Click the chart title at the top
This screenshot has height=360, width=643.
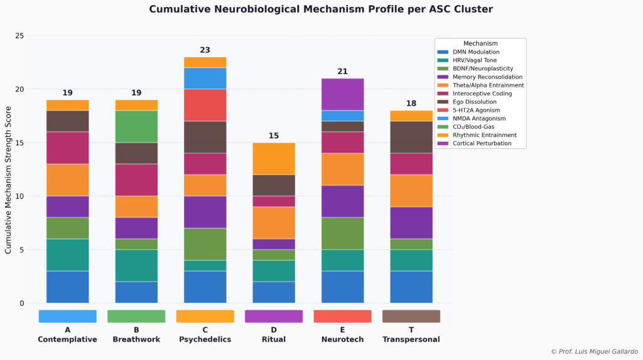click(321, 9)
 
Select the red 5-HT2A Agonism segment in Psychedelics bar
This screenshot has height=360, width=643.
click(205, 105)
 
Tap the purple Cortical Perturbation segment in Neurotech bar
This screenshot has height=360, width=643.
click(342, 94)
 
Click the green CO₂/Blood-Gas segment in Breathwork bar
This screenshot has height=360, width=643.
click(136, 126)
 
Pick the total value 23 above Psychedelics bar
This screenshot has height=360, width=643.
click(205, 50)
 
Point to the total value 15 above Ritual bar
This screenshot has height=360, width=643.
click(274, 136)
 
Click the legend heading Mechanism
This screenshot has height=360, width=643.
click(480, 43)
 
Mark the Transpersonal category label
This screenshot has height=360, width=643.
click(411, 339)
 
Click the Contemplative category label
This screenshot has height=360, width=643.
click(67, 339)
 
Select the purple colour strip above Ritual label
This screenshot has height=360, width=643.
click(274, 316)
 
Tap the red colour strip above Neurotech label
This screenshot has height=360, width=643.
click(342, 316)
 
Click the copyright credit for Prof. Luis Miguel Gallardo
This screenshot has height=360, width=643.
click(594, 351)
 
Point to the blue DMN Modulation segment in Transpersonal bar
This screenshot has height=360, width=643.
click(411, 287)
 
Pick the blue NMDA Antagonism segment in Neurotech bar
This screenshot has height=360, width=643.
click(342, 116)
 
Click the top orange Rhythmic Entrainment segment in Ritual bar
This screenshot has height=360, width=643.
click(274, 158)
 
